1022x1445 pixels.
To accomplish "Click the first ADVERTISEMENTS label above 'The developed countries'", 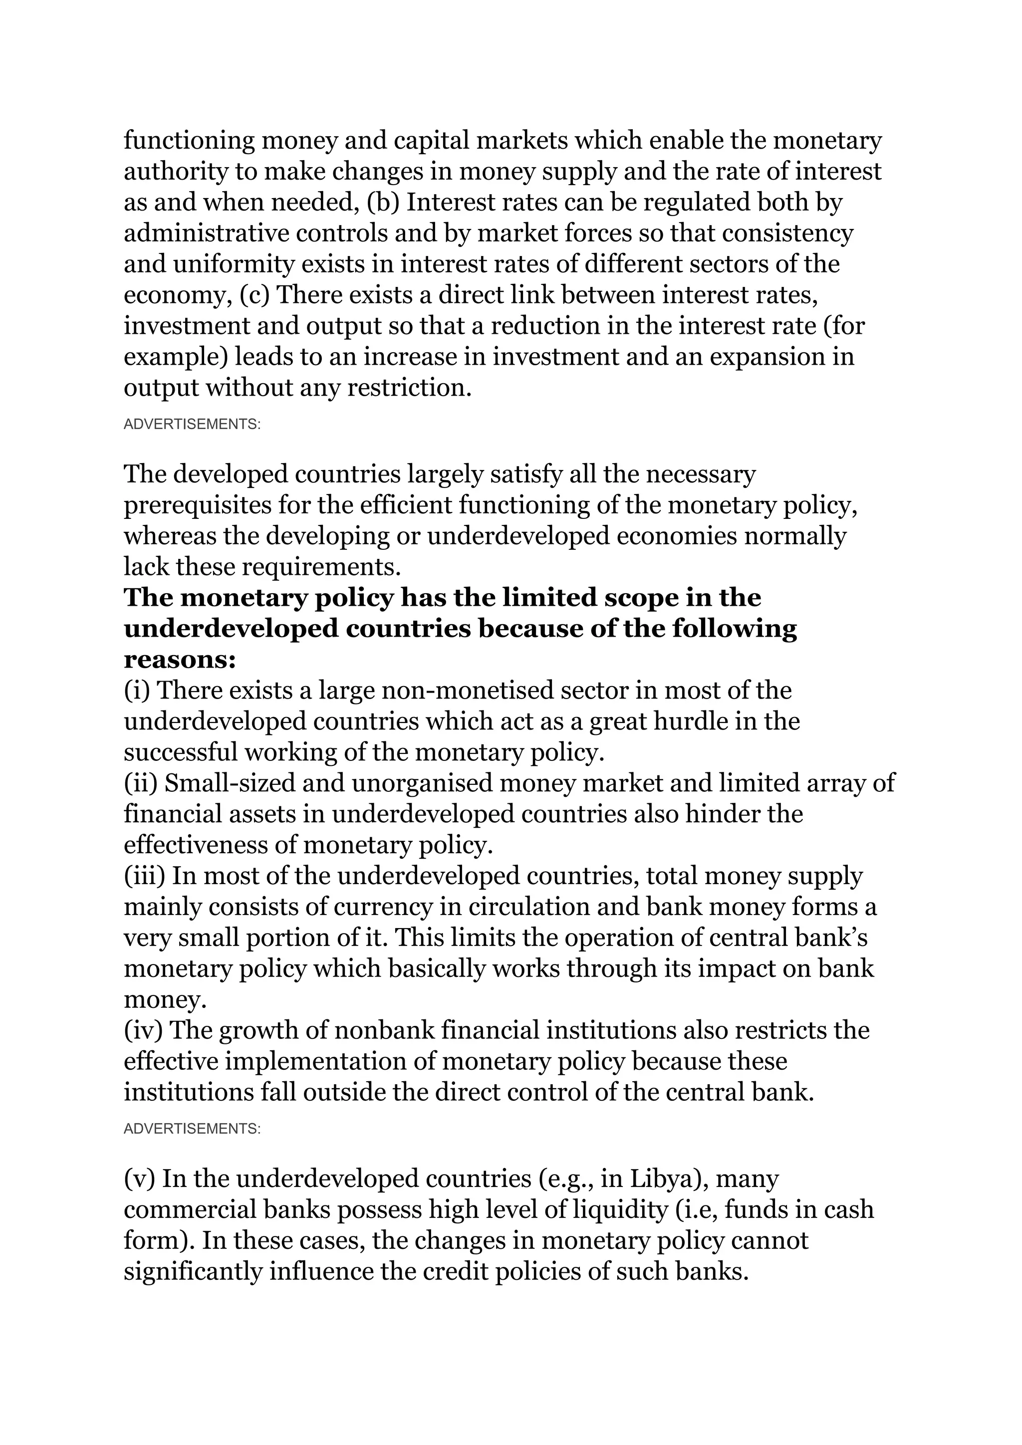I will [x=192, y=424].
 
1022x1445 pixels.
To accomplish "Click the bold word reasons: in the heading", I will [x=179, y=660].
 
